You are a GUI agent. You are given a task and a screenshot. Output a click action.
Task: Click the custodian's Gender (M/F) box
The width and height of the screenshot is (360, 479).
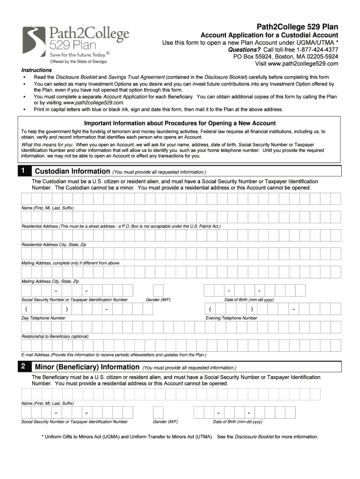click(158, 290)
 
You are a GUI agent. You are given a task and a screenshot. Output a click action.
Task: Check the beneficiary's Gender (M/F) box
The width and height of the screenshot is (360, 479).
click(158, 412)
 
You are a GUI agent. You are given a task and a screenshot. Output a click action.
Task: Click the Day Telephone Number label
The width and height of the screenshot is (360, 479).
click(43, 318)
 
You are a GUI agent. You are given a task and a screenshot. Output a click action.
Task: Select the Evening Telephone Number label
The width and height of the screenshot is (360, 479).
click(231, 318)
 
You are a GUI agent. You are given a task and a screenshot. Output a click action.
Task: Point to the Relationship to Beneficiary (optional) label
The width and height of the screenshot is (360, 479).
click(55, 336)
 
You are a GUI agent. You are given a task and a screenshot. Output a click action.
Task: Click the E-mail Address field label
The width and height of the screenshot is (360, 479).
click(114, 355)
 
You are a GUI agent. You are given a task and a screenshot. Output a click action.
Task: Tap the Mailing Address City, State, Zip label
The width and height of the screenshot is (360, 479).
click(50, 282)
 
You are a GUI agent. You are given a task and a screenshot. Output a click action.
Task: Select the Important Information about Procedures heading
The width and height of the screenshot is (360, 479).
click(180, 123)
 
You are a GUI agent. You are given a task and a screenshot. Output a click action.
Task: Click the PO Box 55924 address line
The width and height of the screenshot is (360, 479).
click(286, 57)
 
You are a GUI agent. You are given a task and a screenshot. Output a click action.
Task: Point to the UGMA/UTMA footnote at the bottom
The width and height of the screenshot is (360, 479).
click(180, 437)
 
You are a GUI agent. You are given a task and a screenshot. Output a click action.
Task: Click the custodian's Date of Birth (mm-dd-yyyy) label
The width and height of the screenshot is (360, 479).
click(249, 300)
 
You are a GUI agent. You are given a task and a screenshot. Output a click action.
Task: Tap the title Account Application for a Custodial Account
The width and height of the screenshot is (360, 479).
click(269, 36)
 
